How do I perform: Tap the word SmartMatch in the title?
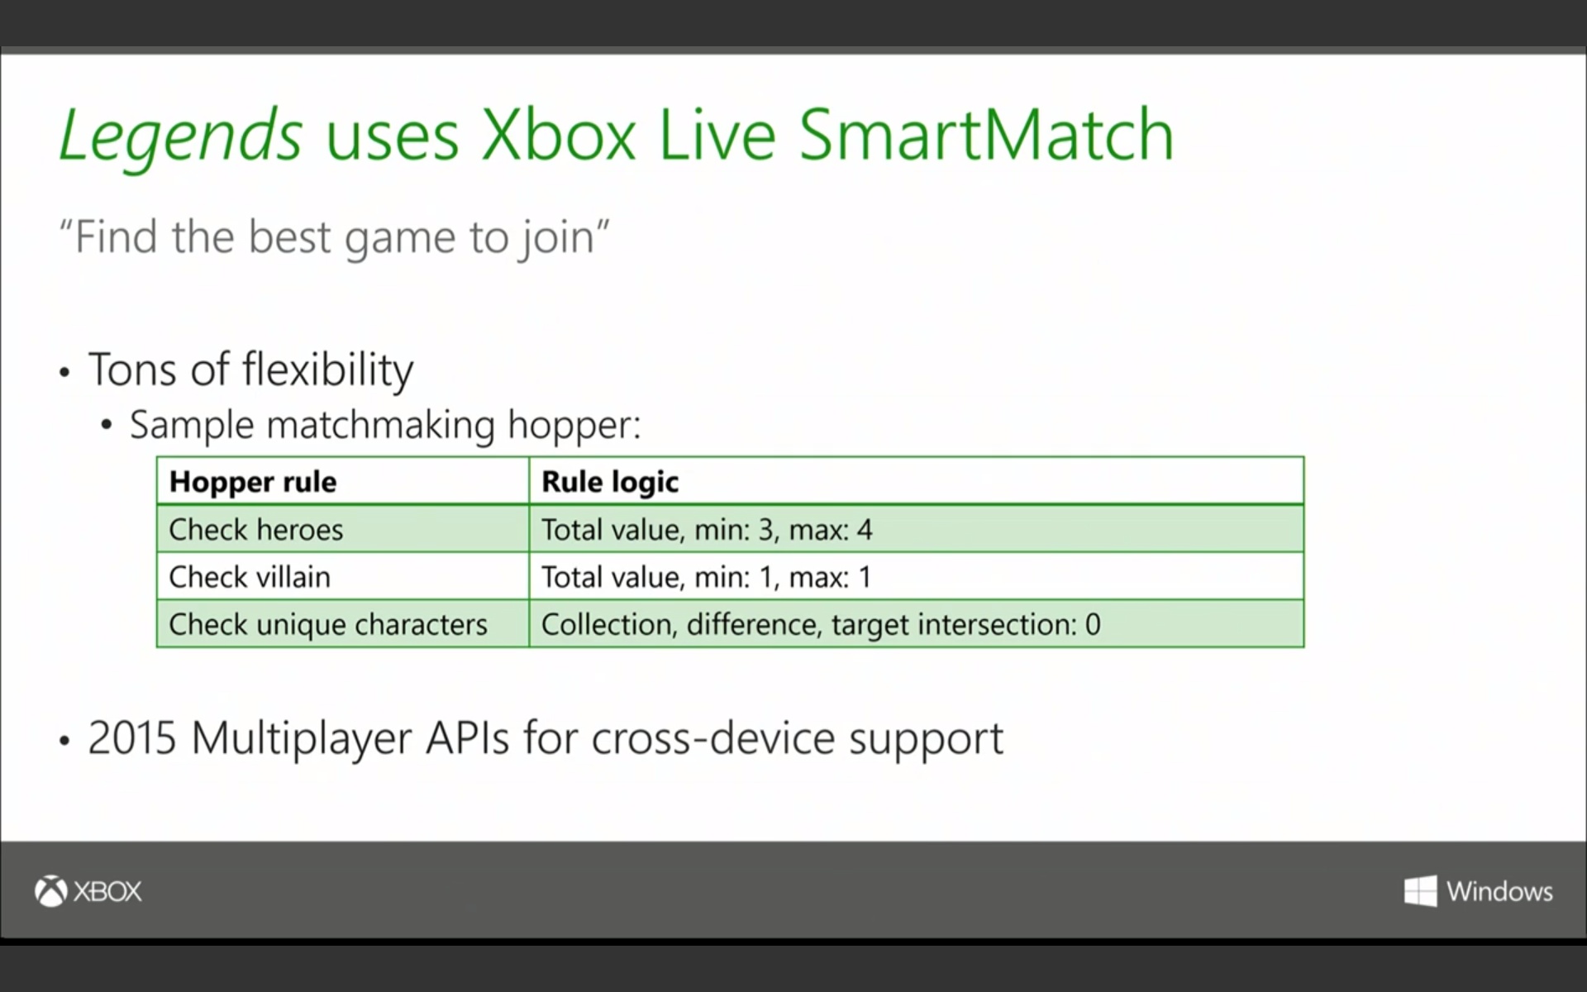pyautogui.click(x=986, y=135)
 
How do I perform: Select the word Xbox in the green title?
pyautogui.click(x=559, y=135)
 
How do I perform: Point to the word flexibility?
pyautogui.click(x=328, y=370)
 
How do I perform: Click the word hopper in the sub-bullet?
pyautogui.click(x=574, y=426)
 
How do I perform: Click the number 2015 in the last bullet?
pyautogui.click(x=132, y=738)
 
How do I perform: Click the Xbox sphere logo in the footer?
pyautogui.click(x=50, y=891)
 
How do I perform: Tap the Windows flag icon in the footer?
pyautogui.click(x=1420, y=891)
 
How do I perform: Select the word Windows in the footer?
pyautogui.click(x=1499, y=891)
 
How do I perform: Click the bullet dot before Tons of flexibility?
pyautogui.click(x=64, y=373)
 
